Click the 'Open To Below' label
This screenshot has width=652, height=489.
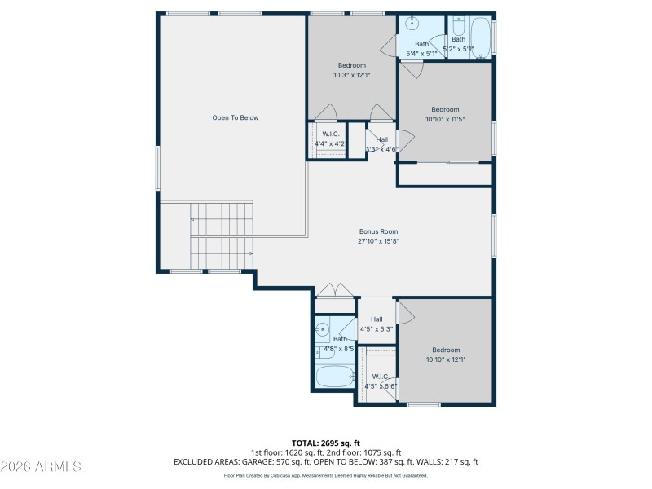click(235, 118)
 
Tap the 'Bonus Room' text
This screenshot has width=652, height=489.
click(378, 231)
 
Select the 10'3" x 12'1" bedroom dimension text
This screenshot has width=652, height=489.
click(351, 75)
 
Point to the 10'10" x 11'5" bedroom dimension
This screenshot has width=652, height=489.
click(445, 119)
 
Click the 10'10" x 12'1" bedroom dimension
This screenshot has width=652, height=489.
click(446, 359)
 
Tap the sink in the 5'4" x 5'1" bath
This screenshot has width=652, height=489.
click(413, 24)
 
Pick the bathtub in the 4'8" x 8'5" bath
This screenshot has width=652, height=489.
click(334, 377)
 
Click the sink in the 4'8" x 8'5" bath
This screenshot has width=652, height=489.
click(322, 330)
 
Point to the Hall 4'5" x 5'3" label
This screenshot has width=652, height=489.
click(377, 324)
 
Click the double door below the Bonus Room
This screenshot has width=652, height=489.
click(334, 291)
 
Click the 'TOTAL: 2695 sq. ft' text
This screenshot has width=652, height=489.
click(325, 443)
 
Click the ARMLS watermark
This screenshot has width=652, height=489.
click(41, 467)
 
